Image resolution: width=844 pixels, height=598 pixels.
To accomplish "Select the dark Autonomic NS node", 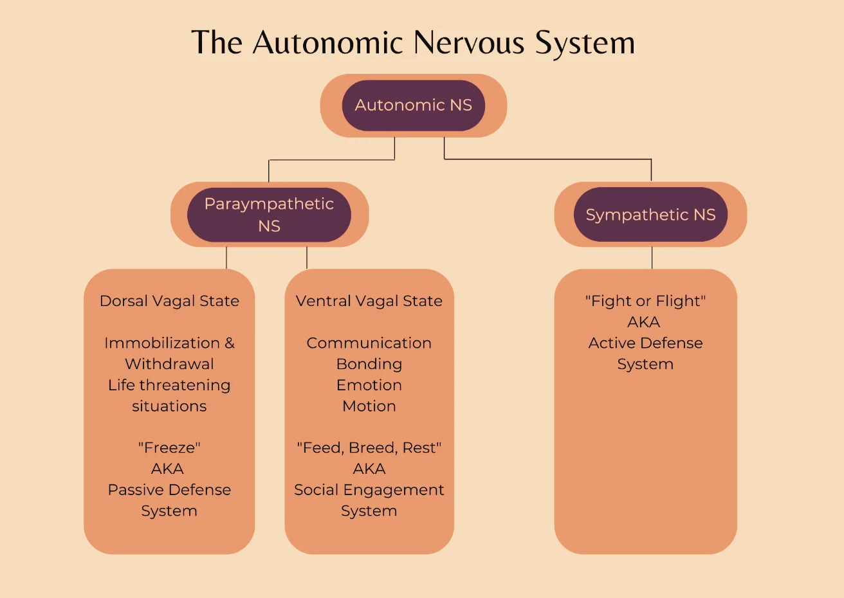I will click(413, 105).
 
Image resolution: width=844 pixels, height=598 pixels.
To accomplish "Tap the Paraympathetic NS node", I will click(269, 215).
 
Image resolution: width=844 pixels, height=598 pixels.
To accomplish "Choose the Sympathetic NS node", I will click(650, 215).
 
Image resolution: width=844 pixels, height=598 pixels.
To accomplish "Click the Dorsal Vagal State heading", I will click(169, 301).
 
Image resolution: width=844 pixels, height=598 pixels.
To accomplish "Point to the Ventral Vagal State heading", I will click(369, 301).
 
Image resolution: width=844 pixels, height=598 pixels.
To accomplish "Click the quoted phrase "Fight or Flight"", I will click(645, 301).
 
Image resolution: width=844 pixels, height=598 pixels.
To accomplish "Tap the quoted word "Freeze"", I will click(169, 448).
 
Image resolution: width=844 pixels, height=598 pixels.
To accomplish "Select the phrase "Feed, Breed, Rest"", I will click(369, 448).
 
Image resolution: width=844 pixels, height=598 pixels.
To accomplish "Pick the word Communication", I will click(369, 343).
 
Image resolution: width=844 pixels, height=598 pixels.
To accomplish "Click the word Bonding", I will click(369, 364).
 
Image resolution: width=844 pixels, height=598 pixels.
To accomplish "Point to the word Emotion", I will click(369, 385).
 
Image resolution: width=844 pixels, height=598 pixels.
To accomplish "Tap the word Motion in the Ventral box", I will click(369, 406).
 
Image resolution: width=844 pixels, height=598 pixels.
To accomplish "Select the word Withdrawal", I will click(169, 364).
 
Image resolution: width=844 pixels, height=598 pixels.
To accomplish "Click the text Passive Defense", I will click(169, 490).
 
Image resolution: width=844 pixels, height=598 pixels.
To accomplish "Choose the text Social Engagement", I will click(369, 490).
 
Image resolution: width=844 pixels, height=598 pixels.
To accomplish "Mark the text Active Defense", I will click(645, 343).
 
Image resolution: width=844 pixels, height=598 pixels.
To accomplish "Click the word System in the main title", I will click(585, 43).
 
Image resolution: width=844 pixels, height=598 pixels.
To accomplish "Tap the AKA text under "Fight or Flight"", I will click(644, 322).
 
